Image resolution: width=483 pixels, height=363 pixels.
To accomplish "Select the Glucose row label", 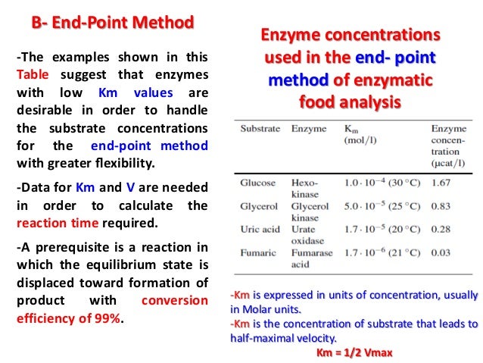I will pos(258,183).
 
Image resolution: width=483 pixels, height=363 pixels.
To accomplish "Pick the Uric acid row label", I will pos(260,229).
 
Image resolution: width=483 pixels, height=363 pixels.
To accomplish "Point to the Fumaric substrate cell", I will pos(259,252).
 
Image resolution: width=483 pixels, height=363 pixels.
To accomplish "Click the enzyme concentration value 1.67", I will pos(442,183).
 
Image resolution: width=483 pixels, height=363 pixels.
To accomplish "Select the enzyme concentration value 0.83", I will pos(442,205).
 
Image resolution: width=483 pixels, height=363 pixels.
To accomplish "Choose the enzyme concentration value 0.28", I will pos(442,229).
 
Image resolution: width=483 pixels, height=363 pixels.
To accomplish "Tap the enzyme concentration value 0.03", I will pos(442,252).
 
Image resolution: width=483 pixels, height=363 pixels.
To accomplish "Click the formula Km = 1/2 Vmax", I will pos(354,353).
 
